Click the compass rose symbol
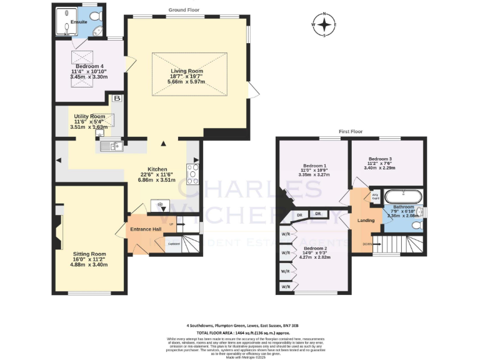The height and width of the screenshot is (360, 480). tap(324, 25)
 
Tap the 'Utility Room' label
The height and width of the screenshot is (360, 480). tap(89, 116)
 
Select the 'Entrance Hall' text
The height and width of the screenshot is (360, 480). tap(146, 229)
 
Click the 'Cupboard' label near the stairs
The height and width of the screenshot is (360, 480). tap(174, 244)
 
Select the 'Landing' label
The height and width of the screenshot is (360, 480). tap(366, 220)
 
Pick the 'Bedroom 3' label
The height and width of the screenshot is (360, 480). tap(381, 159)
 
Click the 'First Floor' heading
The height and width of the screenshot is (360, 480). tap(351, 132)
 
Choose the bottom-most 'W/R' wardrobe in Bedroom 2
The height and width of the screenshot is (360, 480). tap(286, 286)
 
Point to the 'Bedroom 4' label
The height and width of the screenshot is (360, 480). tap(88, 66)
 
